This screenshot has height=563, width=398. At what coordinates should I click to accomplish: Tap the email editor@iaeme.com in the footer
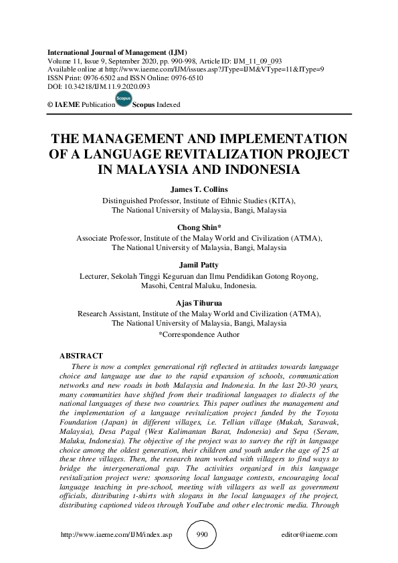(x=310, y=535)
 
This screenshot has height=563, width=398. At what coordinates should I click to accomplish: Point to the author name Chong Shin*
(x=199, y=228)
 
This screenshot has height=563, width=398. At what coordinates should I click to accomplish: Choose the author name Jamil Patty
(x=199, y=265)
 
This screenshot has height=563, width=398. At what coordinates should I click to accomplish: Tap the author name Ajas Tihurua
(x=199, y=303)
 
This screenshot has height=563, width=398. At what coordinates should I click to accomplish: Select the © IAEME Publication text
(x=78, y=105)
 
